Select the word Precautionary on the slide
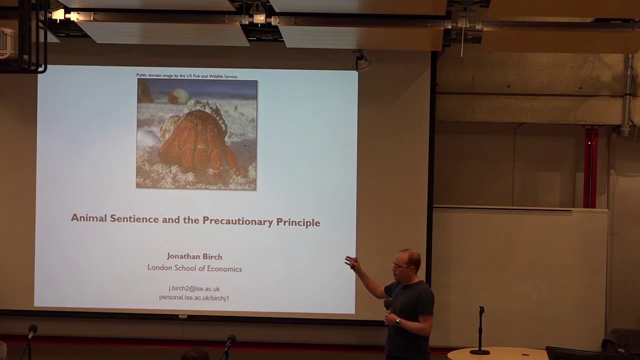[236, 221]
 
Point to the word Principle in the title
[298, 222]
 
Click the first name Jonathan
[184, 256]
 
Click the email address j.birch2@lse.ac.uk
[194, 288]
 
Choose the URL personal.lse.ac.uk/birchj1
[194, 297]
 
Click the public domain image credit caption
[186, 76]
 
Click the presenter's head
[406, 263]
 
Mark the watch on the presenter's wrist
[397, 322]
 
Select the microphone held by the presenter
[387, 305]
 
